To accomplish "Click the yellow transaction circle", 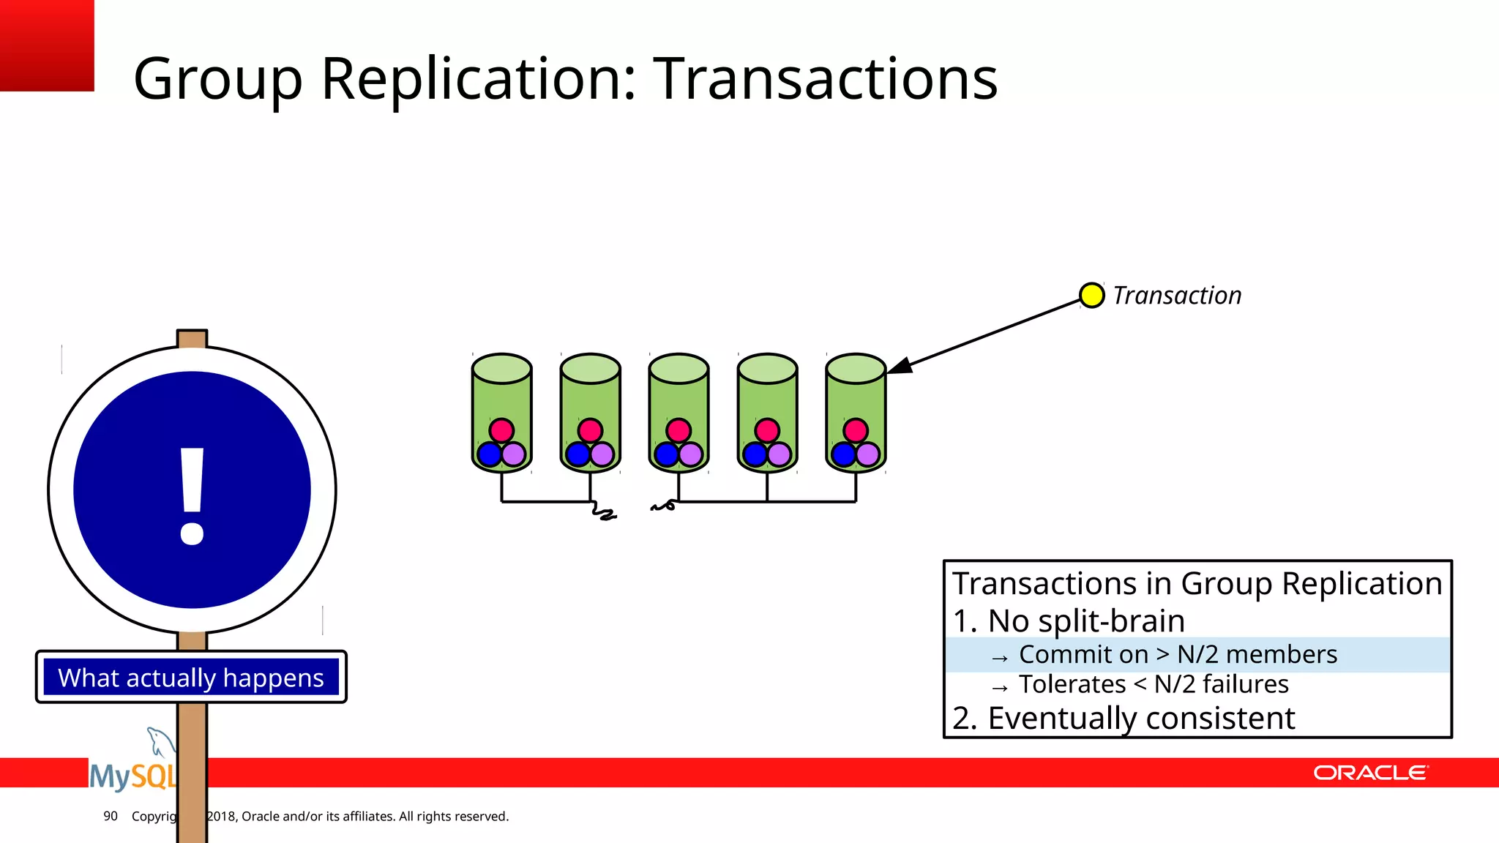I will click(x=1091, y=296).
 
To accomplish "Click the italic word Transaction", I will click(x=1177, y=296).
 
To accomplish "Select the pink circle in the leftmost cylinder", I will click(x=501, y=430).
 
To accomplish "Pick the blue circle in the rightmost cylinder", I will click(x=844, y=454).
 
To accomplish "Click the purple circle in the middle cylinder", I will click(x=691, y=454).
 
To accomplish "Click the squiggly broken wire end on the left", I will click(x=604, y=512).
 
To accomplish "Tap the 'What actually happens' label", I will click(x=191, y=678).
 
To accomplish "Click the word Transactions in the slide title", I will click(x=825, y=78).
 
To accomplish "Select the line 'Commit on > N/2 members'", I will click(x=1177, y=654).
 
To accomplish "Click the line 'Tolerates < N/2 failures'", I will click(x=1153, y=684).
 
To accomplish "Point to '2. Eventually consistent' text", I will click(x=1124, y=718).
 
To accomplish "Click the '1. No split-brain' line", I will click(x=1069, y=621).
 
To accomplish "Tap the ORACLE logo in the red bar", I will click(x=1370, y=773).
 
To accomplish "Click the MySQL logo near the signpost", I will click(x=132, y=774).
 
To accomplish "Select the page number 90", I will click(x=111, y=816).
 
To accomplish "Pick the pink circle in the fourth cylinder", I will click(x=767, y=430).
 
